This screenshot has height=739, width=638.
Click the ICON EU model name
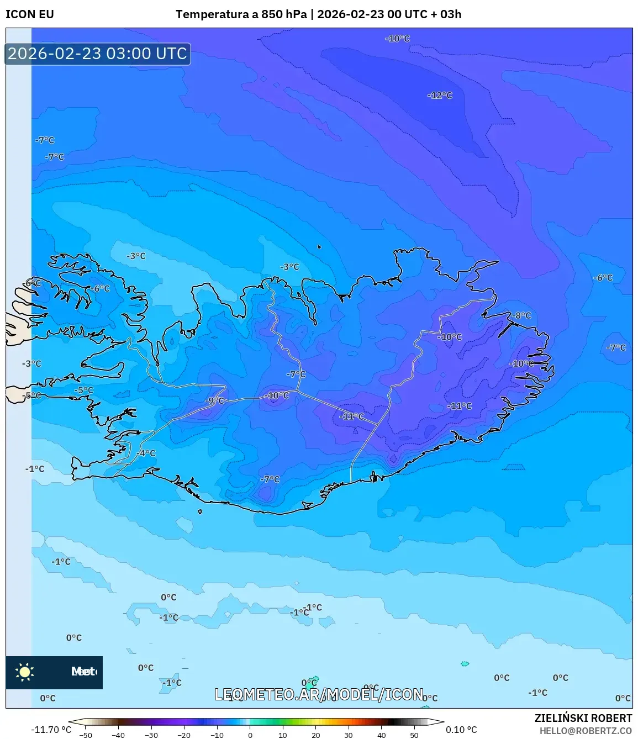pyautogui.click(x=30, y=14)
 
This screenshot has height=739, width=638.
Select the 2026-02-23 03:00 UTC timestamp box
pyautogui.click(x=98, y=54)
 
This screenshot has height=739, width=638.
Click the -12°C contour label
pyautogui.click(x=440, y=96)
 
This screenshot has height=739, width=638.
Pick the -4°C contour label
pyautogui.click(x=146, y=453)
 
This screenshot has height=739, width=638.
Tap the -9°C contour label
pyautogui.click(x=215, y=400)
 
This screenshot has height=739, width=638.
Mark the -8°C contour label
pyautogui.click(x=521, y=315)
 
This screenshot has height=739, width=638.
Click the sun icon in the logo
pyautogui.click(x=25, y=672)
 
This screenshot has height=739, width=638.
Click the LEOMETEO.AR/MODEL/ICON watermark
pyautogui.click(x=319, y=694)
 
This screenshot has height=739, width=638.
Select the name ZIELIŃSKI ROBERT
pyautogui.click(x=583, y=719)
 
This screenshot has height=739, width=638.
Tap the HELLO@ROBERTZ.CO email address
pyautogui.click(x=586, y=731)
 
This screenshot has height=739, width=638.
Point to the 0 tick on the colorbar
pyautogui.click(x=250, y=735)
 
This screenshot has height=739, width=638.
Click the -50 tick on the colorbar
pyautogui.click(x=86, y=735)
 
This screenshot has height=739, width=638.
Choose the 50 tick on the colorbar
pyautogui.click(x=414, y=735)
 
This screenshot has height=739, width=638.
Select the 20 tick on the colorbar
pyautogui.click(x=316, y=735)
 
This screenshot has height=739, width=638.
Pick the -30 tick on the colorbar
pyautogui.click(x=151, y=735)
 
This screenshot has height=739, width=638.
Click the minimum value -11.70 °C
pyautogui.click(x=51, y=730)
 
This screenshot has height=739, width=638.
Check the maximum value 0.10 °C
pyautogui.click(x=461, y=730)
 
